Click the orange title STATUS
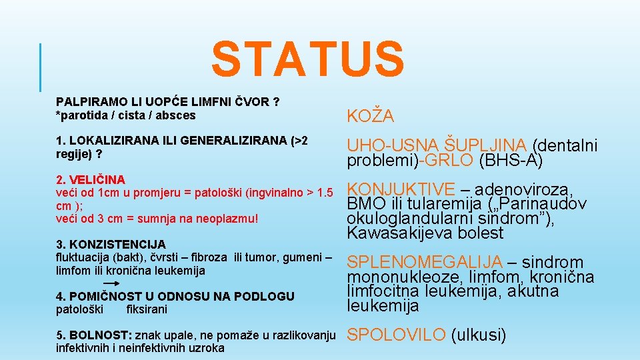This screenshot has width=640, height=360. tap(307, 59)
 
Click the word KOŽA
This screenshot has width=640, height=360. tap(370, 117)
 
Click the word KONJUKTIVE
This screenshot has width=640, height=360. tap(401, 189)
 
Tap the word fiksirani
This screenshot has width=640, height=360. tap(146, 309)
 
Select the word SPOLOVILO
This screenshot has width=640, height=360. tap(397, 335)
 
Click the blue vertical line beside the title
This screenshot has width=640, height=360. tap(41, 67)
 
